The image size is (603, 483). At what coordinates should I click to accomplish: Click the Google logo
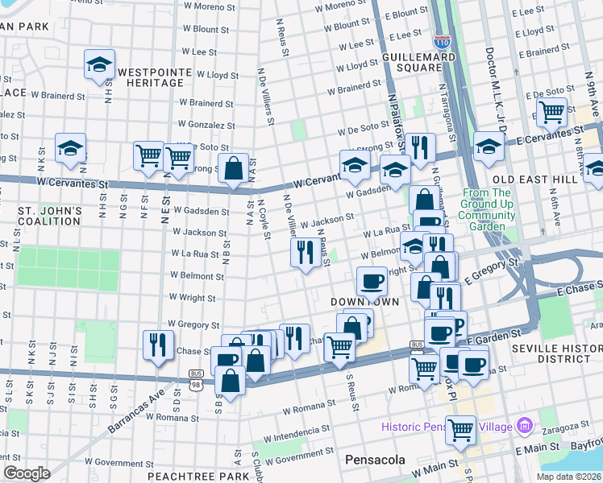pyautogui.click(x=27, y=473)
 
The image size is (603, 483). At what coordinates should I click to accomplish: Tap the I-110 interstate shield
pyautogui.click(x=442, y=41)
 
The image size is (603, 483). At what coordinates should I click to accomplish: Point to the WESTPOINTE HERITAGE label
pyautogui.click(x=154, y=78)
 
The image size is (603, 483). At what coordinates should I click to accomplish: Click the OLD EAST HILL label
pyautogui.click(x=536, y=179)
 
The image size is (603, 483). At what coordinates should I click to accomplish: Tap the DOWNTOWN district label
pyautogui.click(x=365, y=301)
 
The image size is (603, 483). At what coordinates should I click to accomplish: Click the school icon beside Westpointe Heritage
pyautogui.click(x=99, y=65)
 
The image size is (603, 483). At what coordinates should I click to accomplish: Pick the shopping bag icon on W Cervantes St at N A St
pyautogui.click(x=233, y=170)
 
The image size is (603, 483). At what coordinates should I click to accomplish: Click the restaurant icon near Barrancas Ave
pyautogui.click(x=157, y=345)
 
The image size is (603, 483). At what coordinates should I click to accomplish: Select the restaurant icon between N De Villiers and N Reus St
pyautogui.click(x=302, y=254)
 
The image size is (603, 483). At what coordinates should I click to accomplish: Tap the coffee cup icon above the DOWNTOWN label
pyautogui.click(x=372, y=281)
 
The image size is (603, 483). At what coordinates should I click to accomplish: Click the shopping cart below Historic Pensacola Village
pyautogui.click(x=460, y=430)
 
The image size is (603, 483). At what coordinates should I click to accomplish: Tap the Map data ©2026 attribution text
pyautogui.click(x=569, y=477)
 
